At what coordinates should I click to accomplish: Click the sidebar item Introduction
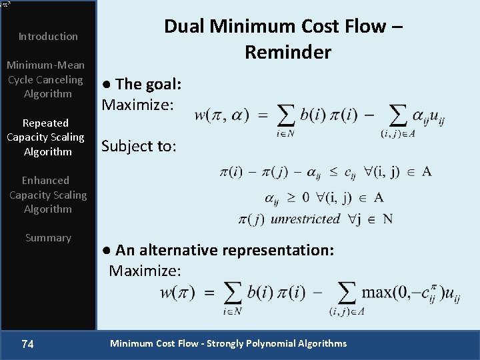coord(48,36)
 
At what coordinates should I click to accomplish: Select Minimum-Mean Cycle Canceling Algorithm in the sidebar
coord(45,79)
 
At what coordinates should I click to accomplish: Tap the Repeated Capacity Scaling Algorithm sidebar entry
coord(45,137)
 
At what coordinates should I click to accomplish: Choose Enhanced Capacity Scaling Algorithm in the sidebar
coord(48,195)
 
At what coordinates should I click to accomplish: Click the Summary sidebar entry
coord(48,238)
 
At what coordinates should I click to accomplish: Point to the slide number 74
coord(28,344)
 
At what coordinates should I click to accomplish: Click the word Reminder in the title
coord(287,52)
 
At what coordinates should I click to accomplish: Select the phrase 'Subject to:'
coord(139,147)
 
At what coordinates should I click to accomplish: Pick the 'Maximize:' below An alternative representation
coord(145,271)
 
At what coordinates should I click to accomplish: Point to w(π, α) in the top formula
coord(221,115)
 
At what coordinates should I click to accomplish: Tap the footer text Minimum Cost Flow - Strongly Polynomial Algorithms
coord(228,344)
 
